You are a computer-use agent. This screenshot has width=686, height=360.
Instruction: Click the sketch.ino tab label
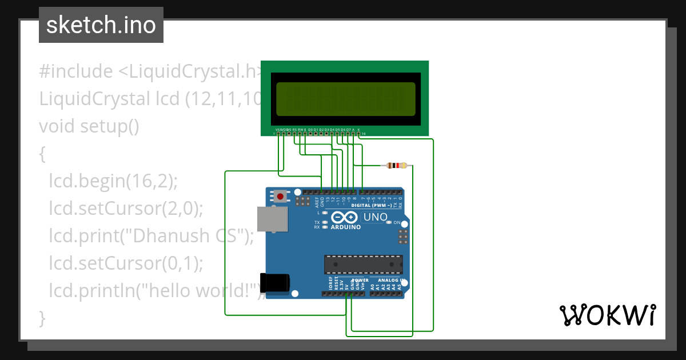[101, 25]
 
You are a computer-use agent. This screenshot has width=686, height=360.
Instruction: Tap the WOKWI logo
[607, 315]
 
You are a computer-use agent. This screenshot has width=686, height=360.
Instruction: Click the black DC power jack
[276, 283]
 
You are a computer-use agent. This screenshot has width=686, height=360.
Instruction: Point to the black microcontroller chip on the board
[363, 265]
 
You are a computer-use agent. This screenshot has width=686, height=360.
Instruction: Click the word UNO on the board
[376, 217]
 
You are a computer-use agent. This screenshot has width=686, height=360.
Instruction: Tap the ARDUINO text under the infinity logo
[345, 227]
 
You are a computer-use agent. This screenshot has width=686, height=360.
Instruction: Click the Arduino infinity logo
[345, 217]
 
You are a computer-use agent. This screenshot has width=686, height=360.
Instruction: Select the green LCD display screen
[345, 98]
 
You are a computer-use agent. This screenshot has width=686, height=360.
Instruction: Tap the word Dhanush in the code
[181, 235]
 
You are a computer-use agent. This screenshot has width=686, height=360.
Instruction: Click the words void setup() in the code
[89, 126]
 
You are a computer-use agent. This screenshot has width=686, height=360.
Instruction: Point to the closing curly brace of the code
[42, 317]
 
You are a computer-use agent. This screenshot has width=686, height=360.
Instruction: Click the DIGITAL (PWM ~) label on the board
[372, 205]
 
